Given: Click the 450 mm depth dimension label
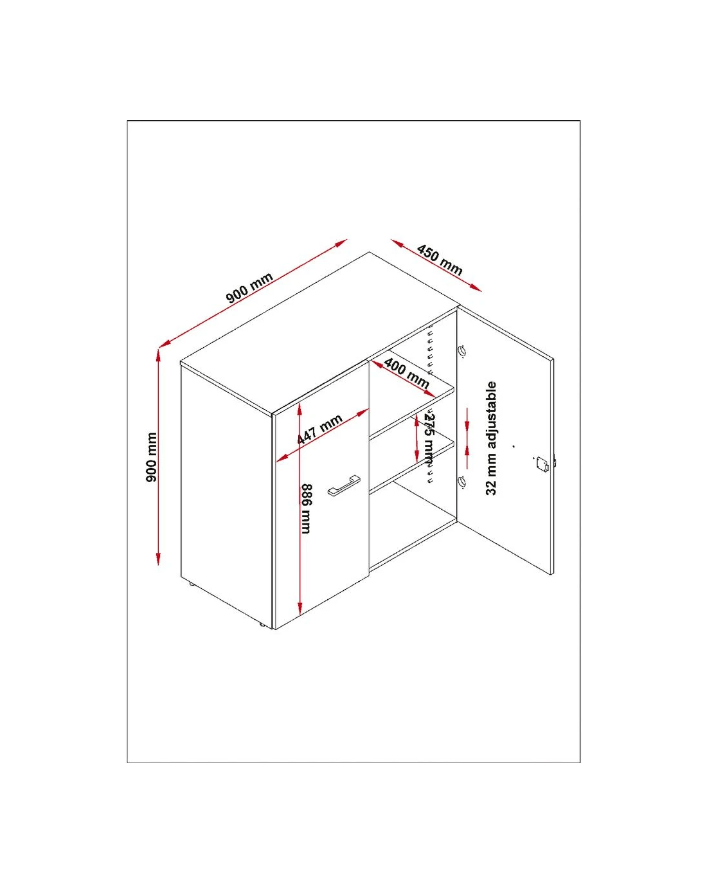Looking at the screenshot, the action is (440, 260).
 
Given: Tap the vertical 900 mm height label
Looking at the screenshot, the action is (152, 456).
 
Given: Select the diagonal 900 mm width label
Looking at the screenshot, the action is (249, 287).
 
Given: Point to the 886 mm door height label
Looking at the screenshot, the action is (306, 509).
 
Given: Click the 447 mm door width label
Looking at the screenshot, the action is (319, 429).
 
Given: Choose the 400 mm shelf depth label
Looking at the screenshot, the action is (407, 374).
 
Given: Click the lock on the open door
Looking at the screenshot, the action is (542, 464).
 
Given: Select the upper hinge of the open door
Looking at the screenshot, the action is (462, 351).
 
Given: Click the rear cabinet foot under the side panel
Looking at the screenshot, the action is (192, 584).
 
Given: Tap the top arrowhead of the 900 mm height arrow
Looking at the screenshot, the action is (158, 355).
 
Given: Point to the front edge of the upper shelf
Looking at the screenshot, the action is (412, 412).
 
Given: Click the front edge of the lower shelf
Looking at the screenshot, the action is (412, 466).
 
